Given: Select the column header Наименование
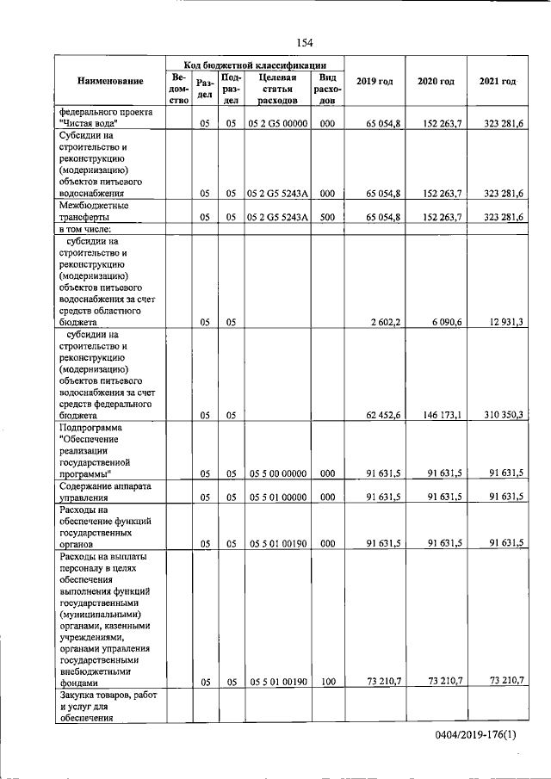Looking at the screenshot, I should click(x=110, y=81).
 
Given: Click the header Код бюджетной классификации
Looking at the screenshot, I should click(x=255, y=65).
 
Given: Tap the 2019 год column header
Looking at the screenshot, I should click(x=375, y=81).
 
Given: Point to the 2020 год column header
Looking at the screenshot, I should click(x=436, y=81).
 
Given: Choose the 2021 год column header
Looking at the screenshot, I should click(x=497, y=81).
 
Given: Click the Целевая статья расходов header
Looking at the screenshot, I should click(x=277, y=89).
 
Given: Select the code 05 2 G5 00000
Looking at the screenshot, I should click(x=277, y=124).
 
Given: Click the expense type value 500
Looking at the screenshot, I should click(x=326, y=218).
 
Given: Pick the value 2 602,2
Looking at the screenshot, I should click(x=384, y=322).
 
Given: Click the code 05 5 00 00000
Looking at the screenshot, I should click(x=277, y=473).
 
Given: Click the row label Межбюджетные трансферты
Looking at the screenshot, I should click(x=94, y=212).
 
